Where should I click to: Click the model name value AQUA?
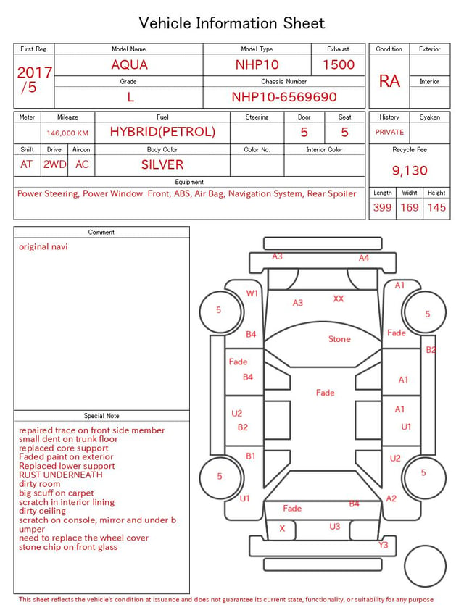(129, 64)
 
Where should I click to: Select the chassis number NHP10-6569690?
(284, 97)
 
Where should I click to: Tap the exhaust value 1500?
(339, 64)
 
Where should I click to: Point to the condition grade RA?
(389, 81)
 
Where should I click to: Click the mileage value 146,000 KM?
(67, 133)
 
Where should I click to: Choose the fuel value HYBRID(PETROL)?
(162, 132)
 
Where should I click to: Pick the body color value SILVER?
(162, 164)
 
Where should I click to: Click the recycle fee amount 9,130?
(410, 170)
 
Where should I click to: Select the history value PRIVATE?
(389, 132)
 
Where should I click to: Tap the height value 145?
(436, 207)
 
